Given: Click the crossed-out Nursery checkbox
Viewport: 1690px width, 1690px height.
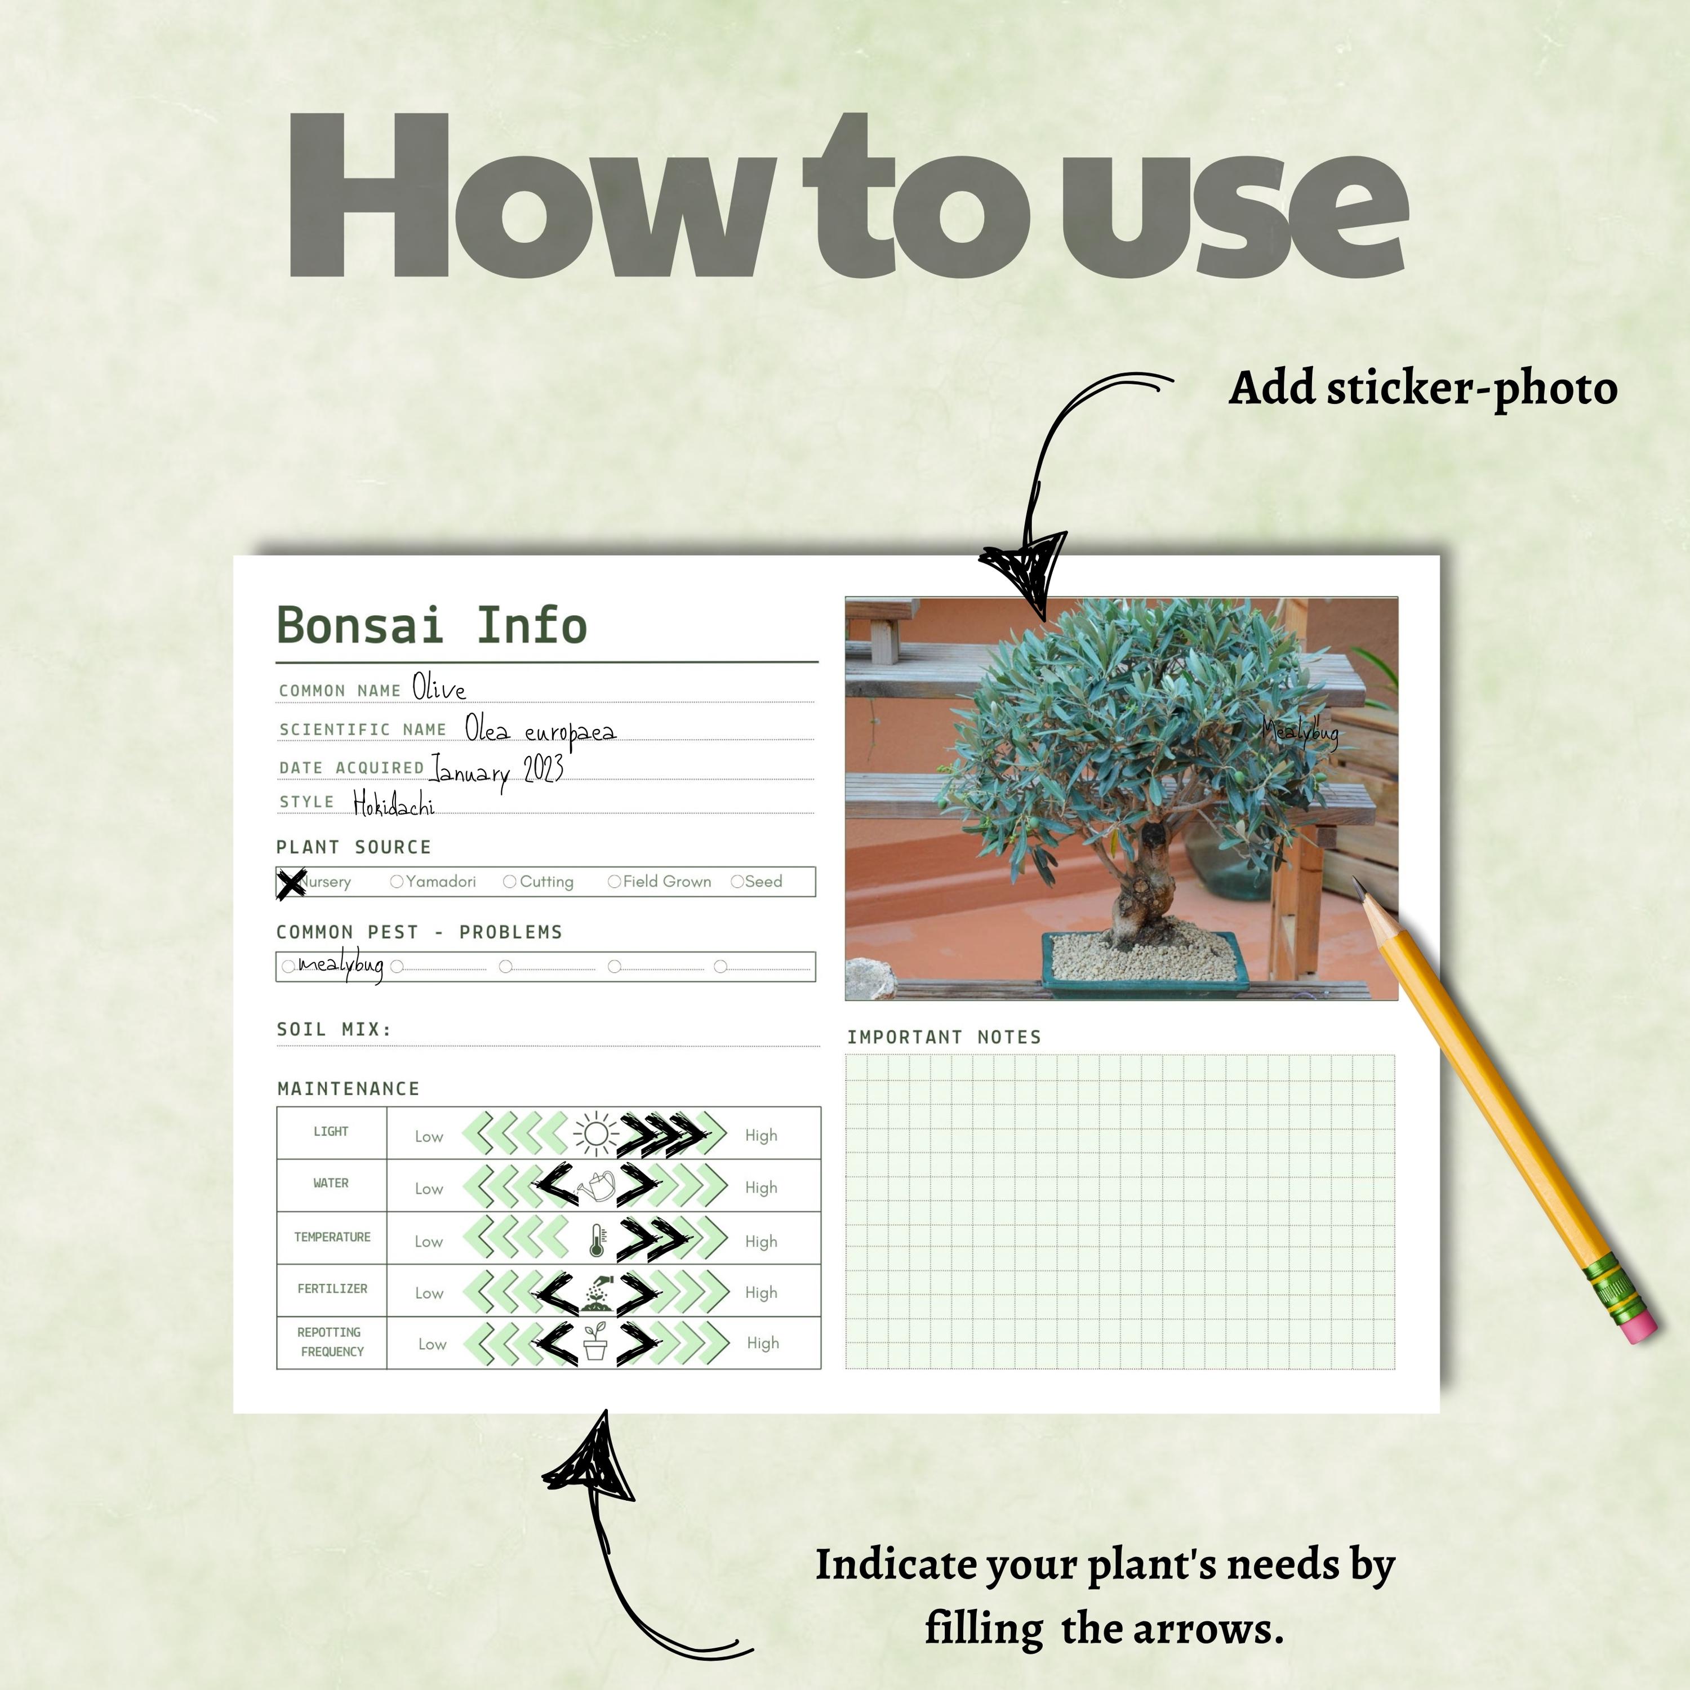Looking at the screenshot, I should tap(291, 883).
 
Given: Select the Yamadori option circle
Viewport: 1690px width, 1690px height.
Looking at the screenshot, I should tap(396, 882).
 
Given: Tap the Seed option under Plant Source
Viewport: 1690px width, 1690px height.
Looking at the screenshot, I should tap(736, 882).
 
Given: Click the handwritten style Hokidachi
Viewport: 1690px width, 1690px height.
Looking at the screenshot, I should tap(394, 803).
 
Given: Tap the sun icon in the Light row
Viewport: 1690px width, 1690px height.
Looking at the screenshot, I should tap(595, 1135).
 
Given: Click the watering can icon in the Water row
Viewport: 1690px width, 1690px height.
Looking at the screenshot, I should tap(597, 1187).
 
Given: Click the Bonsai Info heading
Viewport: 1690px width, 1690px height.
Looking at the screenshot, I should tap(432, 625).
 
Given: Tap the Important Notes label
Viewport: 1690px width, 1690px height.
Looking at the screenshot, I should tap(944, 1037).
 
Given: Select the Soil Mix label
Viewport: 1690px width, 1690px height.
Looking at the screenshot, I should tap(333, 1029).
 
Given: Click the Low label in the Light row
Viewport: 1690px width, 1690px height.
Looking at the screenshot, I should tap(429, 1136).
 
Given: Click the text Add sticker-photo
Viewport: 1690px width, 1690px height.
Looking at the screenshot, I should tap(1422, 388).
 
